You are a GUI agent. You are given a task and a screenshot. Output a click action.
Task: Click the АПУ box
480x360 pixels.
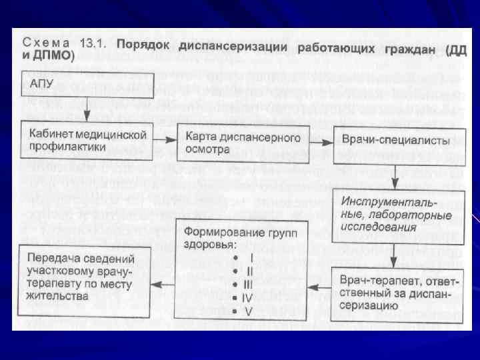[x=87, y=85]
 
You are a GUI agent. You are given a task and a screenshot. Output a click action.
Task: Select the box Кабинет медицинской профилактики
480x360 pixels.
[x=87, y=139]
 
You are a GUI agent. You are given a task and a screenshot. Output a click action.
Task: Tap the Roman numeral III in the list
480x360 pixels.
[x=248, y=285]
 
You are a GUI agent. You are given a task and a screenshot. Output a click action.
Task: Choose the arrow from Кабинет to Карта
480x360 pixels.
[x=166, y=139]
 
